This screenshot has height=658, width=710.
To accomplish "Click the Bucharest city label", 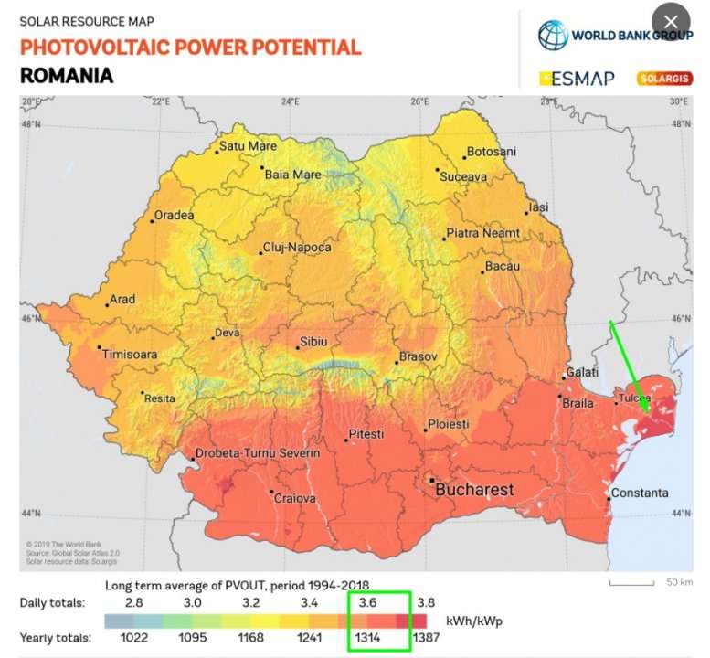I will (473, 490).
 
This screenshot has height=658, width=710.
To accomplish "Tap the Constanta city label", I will (640, 493).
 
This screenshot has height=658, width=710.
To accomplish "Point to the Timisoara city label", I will (130, 354).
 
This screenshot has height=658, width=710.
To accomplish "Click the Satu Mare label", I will (248, 146).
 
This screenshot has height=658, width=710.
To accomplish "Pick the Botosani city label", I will (492, 152).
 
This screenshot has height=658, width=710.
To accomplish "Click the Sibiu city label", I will (313, 342).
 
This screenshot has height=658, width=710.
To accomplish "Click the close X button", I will (672, 22).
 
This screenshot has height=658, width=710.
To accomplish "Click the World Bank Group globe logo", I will (553, 36).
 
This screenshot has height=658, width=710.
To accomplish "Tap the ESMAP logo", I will (577, 79).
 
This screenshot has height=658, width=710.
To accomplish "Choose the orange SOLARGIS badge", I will (663, 79).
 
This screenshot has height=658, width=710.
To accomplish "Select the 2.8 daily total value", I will (133, 603).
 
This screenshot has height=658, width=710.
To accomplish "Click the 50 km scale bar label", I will (677, 582).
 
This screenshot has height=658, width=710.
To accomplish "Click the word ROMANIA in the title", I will (67, 75).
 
